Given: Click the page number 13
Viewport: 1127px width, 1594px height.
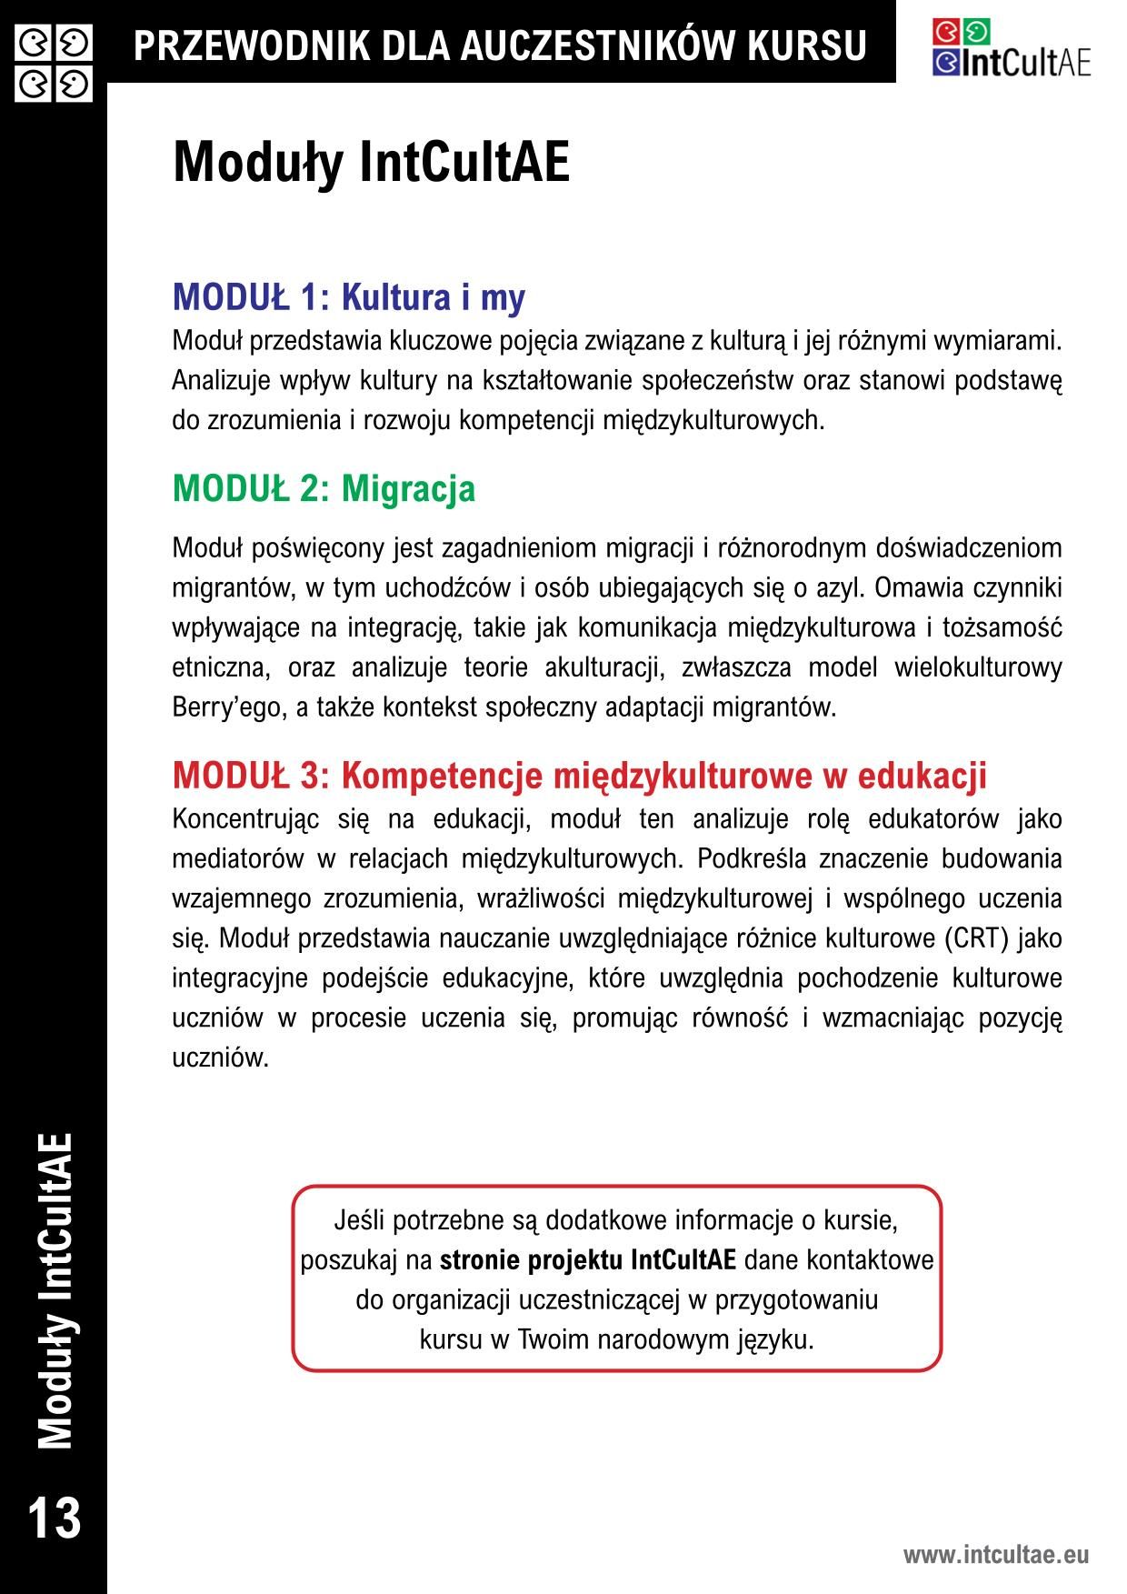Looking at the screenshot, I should (x=54, y=1518).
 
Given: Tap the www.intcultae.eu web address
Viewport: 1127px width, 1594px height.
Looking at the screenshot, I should (x=995, y=1554).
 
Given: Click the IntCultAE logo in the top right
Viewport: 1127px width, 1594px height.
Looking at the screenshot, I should (x=1011, y=49).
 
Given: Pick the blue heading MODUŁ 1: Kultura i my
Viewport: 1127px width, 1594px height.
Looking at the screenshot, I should (x=348, y=297).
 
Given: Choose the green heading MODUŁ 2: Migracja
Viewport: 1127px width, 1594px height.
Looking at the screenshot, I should (x=324, y=488).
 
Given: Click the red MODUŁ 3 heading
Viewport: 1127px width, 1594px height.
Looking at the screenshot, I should (x=579, y=776).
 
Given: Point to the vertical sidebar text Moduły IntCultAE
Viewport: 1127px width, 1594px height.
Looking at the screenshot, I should (x=55, y=1290).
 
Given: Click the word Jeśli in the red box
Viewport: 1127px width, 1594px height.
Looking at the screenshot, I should (x=358, y=1220).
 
